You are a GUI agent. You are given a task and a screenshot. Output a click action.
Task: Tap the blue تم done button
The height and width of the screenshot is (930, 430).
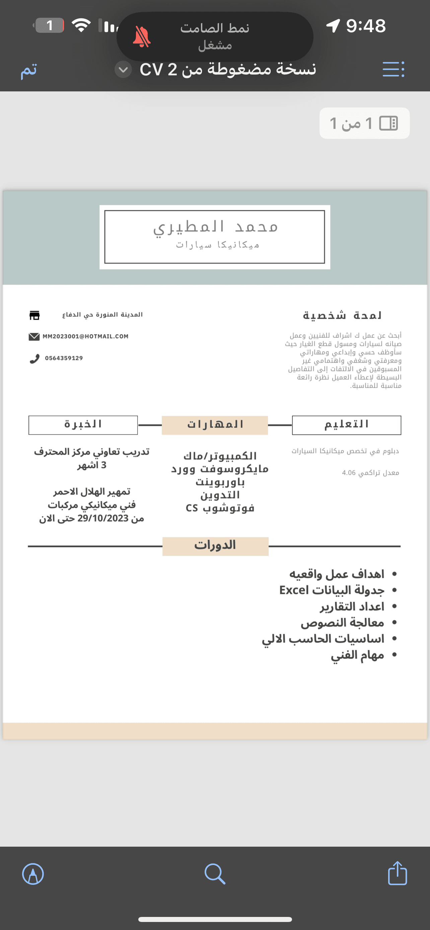28,70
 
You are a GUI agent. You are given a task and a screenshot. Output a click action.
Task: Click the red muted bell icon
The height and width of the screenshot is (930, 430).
142,37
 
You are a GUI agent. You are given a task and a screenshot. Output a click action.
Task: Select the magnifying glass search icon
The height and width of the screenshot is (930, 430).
215,874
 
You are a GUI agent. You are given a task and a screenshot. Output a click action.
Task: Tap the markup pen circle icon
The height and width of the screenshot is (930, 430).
33,874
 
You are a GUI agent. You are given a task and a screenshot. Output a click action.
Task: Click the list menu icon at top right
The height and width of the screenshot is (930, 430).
393,69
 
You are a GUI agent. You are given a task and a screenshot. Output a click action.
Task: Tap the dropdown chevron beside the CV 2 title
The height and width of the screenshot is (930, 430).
123,70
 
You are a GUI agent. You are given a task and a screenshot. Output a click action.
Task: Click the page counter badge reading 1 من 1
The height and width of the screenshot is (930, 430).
364,123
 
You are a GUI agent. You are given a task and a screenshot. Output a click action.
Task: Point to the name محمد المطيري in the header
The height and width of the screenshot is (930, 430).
216,227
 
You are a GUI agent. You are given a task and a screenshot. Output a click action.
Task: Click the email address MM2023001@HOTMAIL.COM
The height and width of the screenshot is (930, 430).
86,336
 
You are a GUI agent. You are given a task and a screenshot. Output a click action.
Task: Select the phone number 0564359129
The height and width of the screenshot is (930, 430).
64,358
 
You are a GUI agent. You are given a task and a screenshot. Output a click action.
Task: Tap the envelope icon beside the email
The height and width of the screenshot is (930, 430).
34,337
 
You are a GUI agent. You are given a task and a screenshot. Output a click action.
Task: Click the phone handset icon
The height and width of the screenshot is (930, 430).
34,359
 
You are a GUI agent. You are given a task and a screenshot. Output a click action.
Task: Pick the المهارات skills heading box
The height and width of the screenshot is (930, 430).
215,425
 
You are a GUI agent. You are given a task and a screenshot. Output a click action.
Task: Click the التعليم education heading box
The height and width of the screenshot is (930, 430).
346,425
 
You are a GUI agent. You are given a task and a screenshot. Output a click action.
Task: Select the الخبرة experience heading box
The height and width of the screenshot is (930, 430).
83,425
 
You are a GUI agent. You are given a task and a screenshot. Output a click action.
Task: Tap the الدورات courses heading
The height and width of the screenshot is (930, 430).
215,545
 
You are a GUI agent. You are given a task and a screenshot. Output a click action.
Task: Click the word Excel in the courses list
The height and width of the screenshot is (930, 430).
294,590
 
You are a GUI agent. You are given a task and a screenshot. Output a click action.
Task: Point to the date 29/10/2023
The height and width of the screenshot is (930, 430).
103,519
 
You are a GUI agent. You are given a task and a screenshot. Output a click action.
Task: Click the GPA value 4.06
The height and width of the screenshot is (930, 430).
349,473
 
